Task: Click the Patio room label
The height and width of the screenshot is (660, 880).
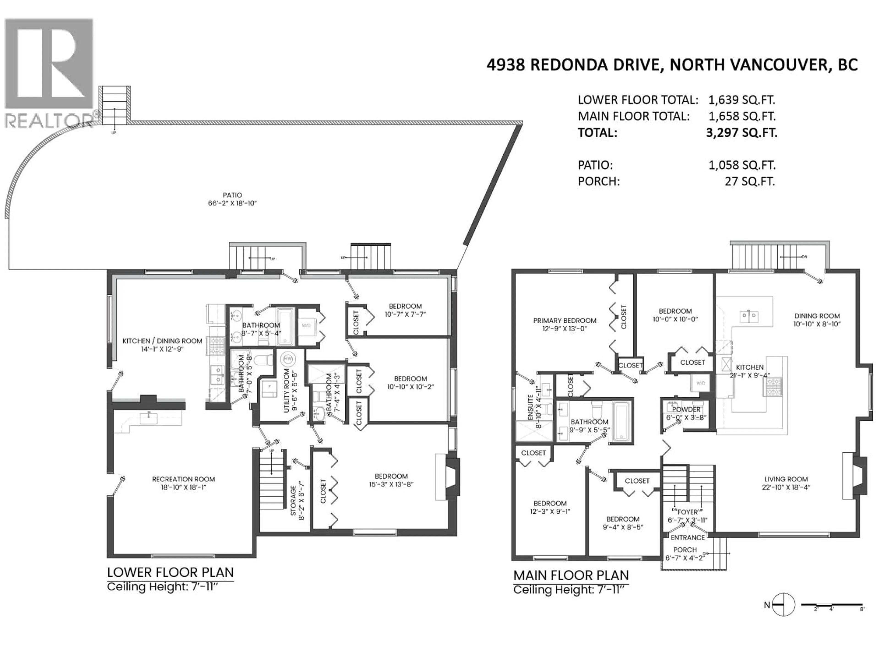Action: point(232,195)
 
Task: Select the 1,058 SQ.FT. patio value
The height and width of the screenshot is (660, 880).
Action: point(742,165)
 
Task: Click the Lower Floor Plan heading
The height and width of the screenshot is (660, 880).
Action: point(170,572)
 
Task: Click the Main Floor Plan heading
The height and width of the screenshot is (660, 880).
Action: point(571,575)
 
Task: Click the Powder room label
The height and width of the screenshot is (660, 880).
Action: point(686,409)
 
